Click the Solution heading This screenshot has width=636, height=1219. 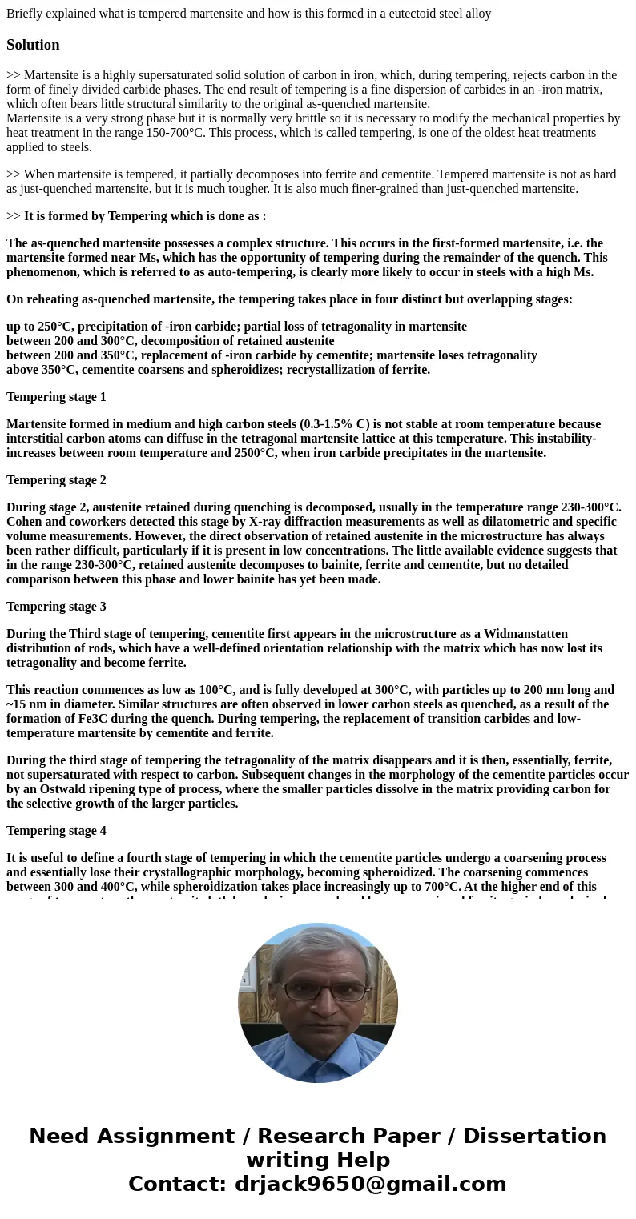point(33,45)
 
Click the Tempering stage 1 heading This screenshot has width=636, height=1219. point(56,397)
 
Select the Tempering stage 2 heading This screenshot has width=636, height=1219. point(56,480)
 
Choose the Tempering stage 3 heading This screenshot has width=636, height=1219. point(56,607)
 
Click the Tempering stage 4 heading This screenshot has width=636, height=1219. point(56,831)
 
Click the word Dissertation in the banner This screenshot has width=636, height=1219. point(534,1136)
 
